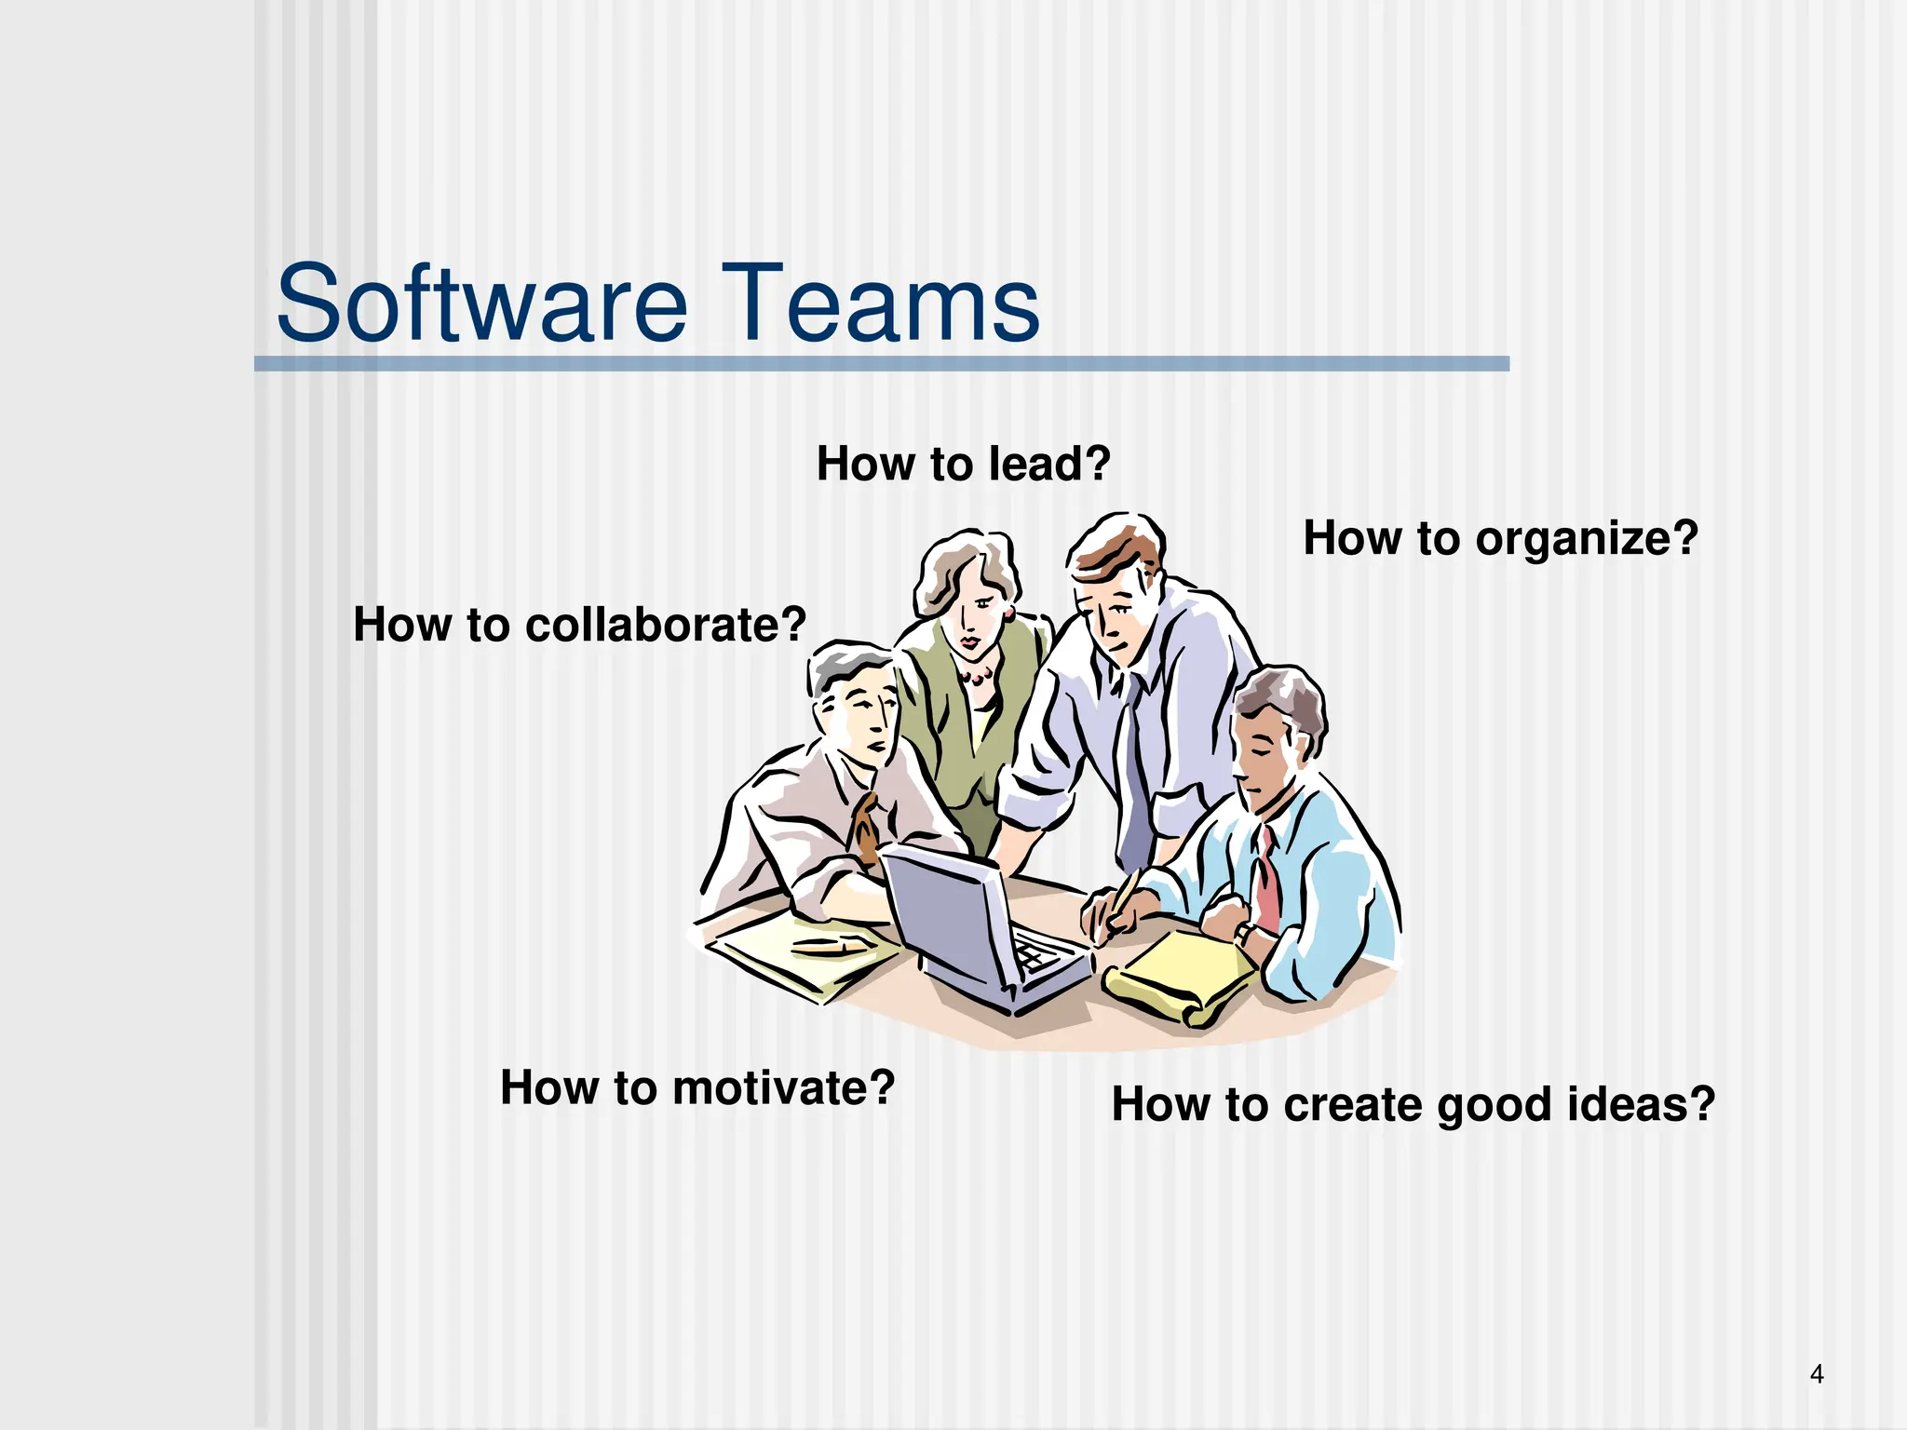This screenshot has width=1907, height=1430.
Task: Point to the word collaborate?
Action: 665,625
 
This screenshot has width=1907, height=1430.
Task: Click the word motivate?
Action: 783,1087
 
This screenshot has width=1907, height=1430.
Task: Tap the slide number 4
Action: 1816,1374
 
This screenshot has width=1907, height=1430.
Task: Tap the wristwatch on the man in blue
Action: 1244,932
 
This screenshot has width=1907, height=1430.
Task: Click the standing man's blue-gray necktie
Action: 1135,773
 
